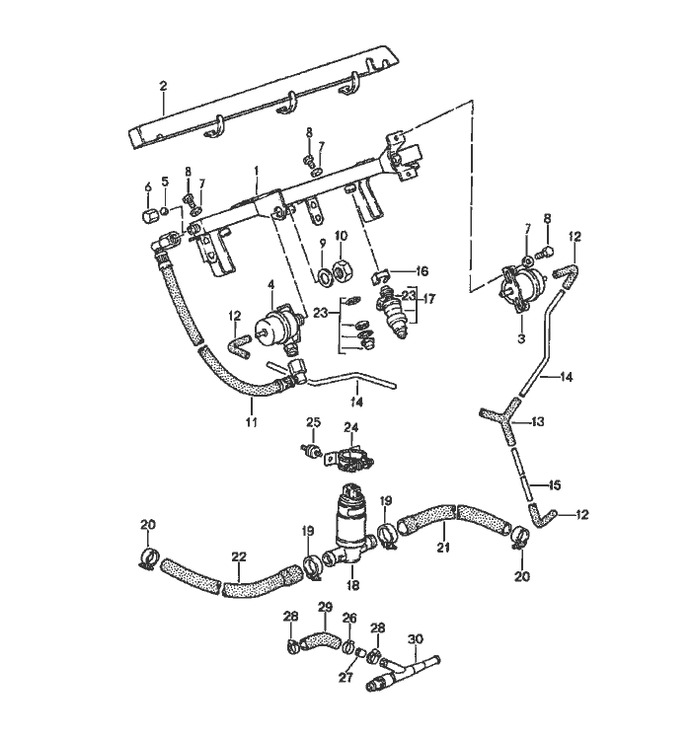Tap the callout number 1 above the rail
tap(256, 171)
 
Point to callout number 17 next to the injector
tap(427, 297)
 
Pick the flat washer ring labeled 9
tap(322, 273)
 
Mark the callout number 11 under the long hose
tap(251, 422)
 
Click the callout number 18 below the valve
tap(352, 585)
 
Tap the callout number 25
tap(313, 422)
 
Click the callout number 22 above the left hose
tap(238, 557)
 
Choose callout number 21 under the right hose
tap(443, 549)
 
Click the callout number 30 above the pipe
tap(416, 638)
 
